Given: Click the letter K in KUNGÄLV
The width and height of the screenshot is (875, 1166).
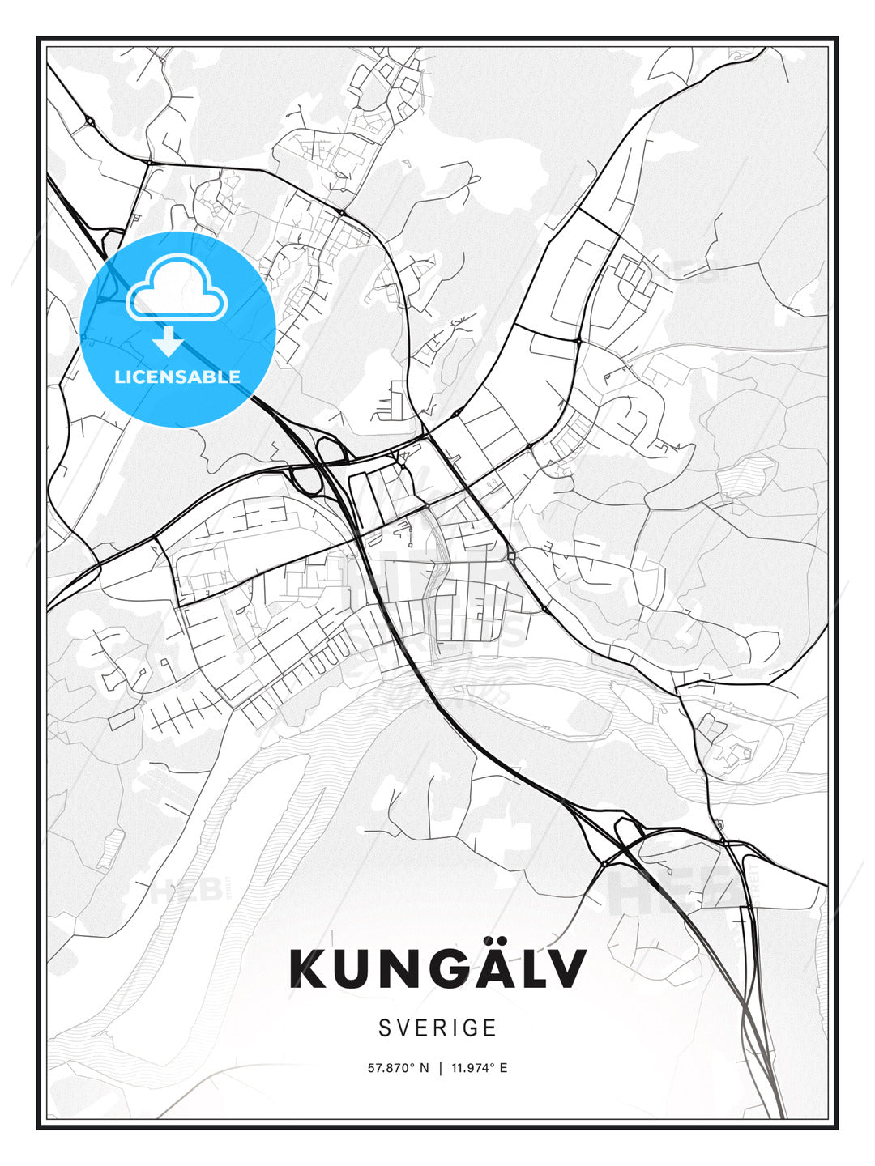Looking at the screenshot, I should tap(307, 968).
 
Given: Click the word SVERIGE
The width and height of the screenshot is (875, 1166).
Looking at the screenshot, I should tap(437, 1028).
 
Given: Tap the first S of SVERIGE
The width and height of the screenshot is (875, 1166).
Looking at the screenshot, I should tap(384, 1028).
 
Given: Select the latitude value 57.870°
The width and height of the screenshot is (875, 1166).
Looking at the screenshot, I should tap(392, 1068).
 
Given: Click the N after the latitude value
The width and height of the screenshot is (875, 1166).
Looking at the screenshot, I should tap(424, 1068).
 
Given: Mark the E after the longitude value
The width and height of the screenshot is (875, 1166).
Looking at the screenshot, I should tap(503, 1068).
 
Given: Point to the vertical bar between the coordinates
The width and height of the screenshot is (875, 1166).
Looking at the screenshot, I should tap(440, 1068).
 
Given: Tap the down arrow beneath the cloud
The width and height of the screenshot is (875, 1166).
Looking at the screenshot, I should tap(169, 341).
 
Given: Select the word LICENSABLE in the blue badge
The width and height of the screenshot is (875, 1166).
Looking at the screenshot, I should tap(177, 377).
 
